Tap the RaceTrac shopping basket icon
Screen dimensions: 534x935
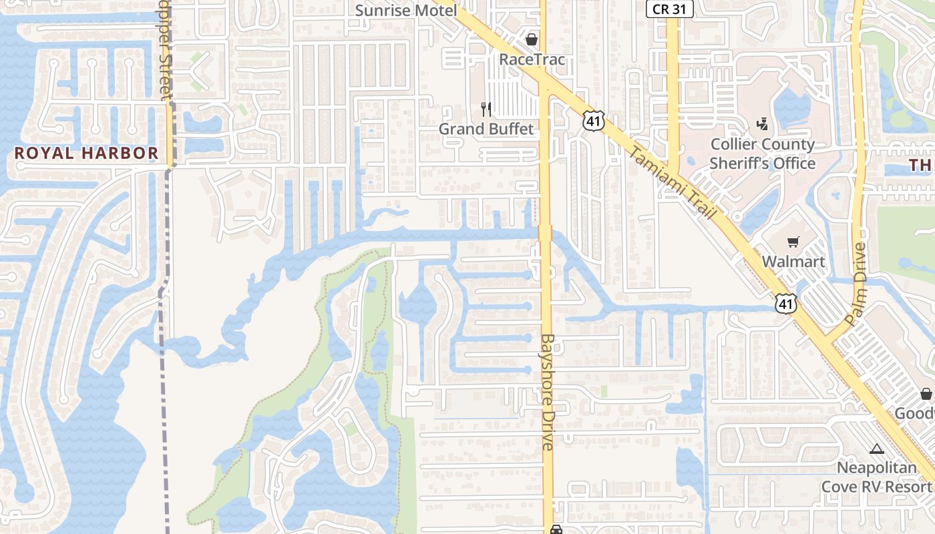[532, 39]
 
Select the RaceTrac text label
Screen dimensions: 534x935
[532, 59]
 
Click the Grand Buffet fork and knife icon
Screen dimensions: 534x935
[486, 109]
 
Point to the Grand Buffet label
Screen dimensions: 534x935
[486, 128]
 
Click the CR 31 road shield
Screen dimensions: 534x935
[670, 9]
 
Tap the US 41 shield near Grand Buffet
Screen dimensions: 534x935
[593, 120]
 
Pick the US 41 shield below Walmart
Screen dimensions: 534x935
[785, 304]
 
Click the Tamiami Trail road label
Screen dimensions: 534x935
[672, 184]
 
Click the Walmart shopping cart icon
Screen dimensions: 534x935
[793, 242]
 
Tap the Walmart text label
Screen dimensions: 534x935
[793, 261]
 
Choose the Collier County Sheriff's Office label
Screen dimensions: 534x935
[762, 154]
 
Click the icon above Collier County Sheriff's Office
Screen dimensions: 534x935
[762, 124]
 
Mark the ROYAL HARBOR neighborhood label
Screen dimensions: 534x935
[87, 153]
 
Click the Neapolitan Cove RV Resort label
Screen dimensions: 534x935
[876, 477]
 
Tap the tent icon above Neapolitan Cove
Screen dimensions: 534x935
[876, 449]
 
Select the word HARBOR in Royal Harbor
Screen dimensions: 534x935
[120, 153]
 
